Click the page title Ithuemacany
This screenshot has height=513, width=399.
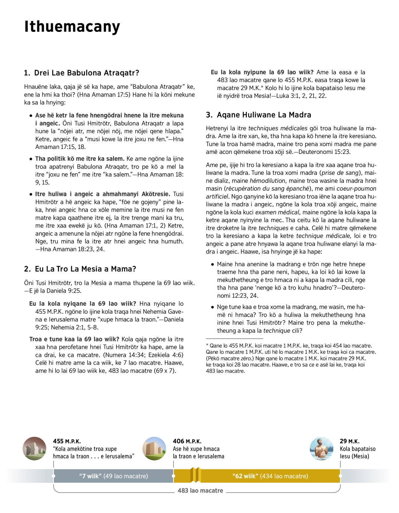click(x=72, y=27)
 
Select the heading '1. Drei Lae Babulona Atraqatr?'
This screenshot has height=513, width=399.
click(x=81, y=73)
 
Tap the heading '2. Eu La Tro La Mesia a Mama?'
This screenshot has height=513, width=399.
click(x=80, y=269)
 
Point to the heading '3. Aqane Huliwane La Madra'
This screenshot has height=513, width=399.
click(x=258, y=115)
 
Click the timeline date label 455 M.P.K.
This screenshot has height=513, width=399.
click(x=66, y=441)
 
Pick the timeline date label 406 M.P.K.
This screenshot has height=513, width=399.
click(x=187, y=441)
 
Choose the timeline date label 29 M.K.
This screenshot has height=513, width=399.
click(x=349, y=441)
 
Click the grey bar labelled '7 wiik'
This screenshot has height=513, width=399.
click(x=113, y=476)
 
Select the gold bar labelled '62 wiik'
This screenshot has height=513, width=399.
click(x=270, y=476)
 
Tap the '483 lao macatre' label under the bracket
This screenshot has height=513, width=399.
click(x=200, y=490)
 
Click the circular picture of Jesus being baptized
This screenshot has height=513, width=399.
click(x=321, y=449)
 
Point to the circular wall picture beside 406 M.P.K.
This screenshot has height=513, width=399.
click(x=154, y=449)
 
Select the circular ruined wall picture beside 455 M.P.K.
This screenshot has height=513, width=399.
click(x=35, y=449)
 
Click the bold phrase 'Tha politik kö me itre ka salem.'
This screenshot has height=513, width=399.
click(x=80, y=159)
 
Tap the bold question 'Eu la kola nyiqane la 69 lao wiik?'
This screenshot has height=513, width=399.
click(x=82, y=304)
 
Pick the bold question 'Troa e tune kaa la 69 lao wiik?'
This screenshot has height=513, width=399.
click(x=74, y=339)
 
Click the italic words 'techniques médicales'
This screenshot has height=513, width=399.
click(x=278, y=128)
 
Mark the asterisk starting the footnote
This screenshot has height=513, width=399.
click(x=207, y=345)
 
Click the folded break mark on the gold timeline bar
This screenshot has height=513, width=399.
click(x=196, y=475)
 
